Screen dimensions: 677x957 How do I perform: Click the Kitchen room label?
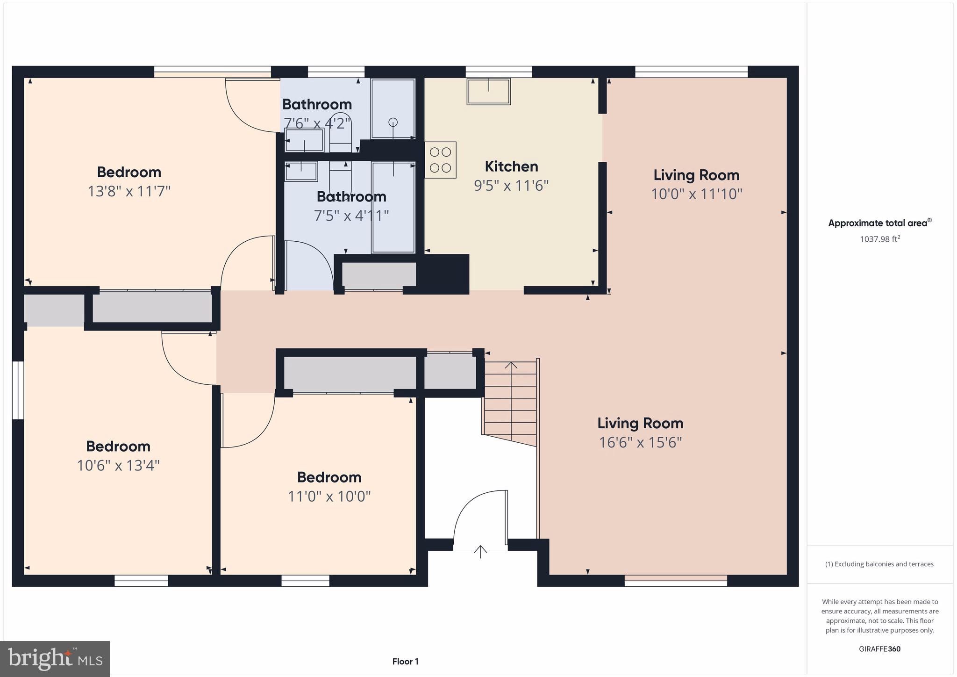click(511, 166)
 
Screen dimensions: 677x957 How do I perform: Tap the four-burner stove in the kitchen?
click(440, 160)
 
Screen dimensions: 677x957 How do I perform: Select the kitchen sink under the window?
click(488, 92)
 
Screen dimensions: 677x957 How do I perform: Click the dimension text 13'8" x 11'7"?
click(129, 191)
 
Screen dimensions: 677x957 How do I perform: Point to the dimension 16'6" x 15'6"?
click(640, 442)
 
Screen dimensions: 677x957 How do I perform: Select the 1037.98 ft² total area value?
click(880, 239)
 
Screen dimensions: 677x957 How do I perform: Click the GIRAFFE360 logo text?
click(879, 649)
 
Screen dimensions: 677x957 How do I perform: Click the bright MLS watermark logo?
click(55, 659)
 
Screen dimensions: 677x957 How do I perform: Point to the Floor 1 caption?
click(405, 662)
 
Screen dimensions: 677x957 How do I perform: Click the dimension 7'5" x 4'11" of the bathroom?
click(351, 216)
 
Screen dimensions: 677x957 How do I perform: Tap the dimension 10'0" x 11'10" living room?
click(696, 194)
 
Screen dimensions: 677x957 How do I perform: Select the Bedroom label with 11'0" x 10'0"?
click(329, 477)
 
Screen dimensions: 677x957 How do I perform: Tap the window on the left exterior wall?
click(18, 390)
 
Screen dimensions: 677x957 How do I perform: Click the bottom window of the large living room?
click(676, 581)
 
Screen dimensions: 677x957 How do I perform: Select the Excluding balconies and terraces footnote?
click(879, 564)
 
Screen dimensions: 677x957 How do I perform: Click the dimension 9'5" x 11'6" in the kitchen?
click(511, 186)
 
